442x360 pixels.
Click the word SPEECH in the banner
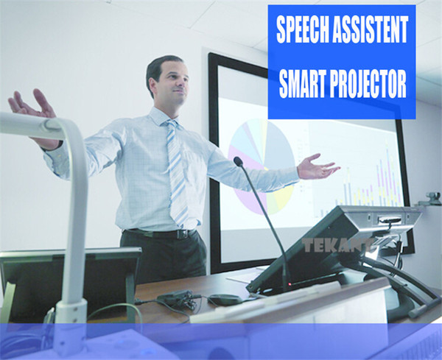[303, 29]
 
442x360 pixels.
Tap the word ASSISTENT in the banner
[370, 29]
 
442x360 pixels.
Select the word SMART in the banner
[302, 83]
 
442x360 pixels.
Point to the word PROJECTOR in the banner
[368, 83]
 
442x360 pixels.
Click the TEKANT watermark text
[337, 246]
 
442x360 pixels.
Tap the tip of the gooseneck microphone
[238, 161]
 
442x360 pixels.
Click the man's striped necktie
[177, 172]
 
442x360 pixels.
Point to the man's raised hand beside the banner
[318, 167]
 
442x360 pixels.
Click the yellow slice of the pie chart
[280, 199]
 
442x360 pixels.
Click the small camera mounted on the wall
[432, 198]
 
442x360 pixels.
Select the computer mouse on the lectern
[224, 300]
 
